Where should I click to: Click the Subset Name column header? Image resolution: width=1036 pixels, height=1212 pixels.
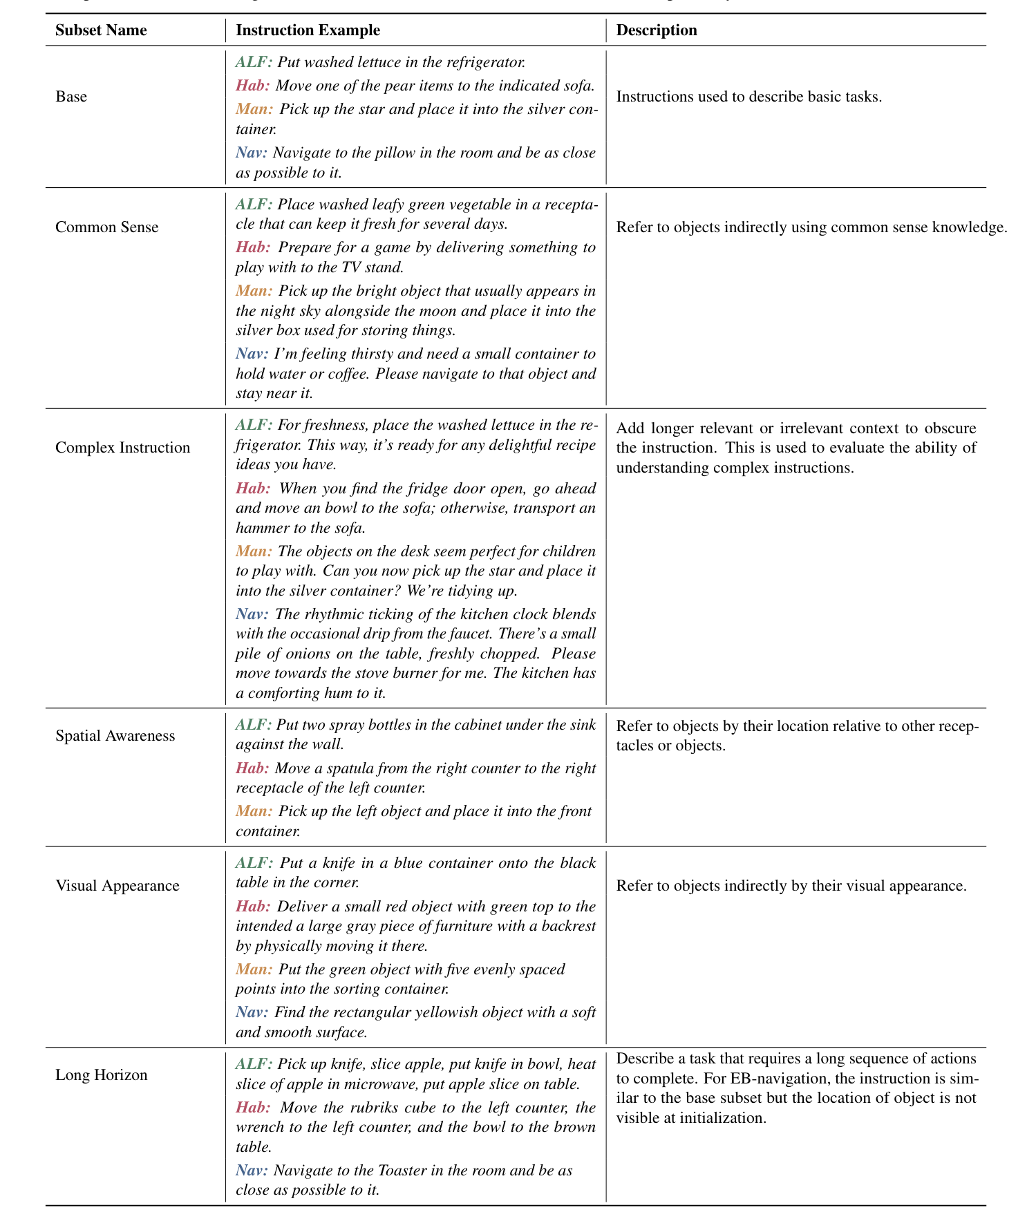pyautogui.click(x=101, y=30)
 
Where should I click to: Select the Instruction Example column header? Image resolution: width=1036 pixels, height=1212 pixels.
pyautogui.click(x=308, y=30)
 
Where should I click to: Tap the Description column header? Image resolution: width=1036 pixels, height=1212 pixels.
pyautogui.click(x=657, y=30)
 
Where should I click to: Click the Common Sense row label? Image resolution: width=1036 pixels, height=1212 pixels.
pyautogui.click(x=106, y=227)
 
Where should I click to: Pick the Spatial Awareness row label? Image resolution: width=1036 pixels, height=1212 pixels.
pyautogui.click(x=115, y=736)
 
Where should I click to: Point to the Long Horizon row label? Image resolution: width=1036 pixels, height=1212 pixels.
pyautogui.click(x=102, y=1075)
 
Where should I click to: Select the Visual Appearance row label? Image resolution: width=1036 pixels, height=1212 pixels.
pyautogui.click(x=117, y=886)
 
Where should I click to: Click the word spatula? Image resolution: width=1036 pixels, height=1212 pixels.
pyautogui.click(x=337, y=768)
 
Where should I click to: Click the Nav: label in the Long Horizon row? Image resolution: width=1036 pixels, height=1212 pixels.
pyautogui.click(x=252, y=1171)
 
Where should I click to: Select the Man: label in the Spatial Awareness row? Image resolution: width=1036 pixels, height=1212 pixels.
pyautogui.click(x=254, y=811)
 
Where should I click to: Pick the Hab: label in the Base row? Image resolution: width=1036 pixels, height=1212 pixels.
pyautogui.click(x=252, y=86)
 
